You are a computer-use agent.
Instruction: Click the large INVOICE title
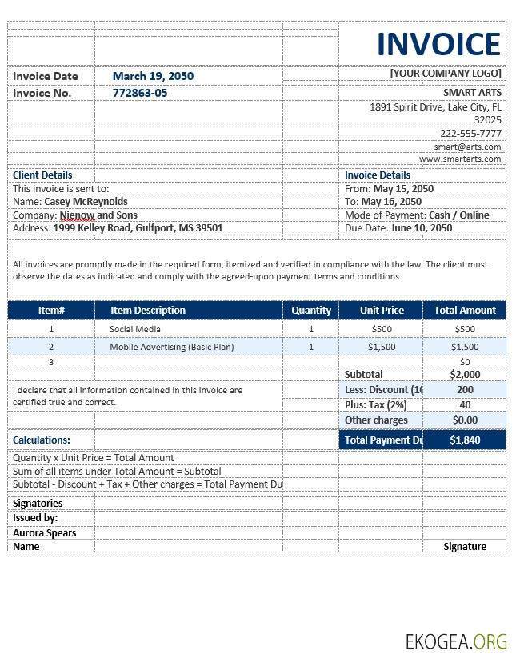click(x=439, y=44)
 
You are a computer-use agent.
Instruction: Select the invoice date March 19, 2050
click(x=153, y=76)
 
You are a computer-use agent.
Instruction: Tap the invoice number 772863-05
click(x=140, y=93)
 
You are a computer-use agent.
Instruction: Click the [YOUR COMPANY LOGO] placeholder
click(x=446, y=74)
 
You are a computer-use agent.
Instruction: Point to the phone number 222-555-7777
click(x=470, y=134)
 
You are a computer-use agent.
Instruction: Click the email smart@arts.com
click(x=467, y=147)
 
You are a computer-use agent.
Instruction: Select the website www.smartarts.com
click(x=460, y=159)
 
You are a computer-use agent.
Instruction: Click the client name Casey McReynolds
click(x=86, y=202)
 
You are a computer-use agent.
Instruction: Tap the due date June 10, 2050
click(x=421, y=227)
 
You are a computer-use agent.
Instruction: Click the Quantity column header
click(x=311, y=310)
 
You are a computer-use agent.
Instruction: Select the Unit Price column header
click(x=382, y=310)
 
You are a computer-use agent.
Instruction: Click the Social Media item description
click(x=135, y=329)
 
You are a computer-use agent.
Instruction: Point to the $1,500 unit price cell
click(x=382, y=347)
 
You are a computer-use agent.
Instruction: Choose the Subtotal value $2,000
click(x=465, y=374)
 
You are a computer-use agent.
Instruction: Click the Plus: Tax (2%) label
click(x=375, y=404)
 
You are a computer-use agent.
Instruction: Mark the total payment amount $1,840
click(x=464, y=440)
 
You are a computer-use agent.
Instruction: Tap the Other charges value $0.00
click(x=465, y=420)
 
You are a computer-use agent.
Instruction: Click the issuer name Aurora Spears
click(x=45, y=532)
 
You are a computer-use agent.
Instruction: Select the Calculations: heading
click(x=42, y=440)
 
